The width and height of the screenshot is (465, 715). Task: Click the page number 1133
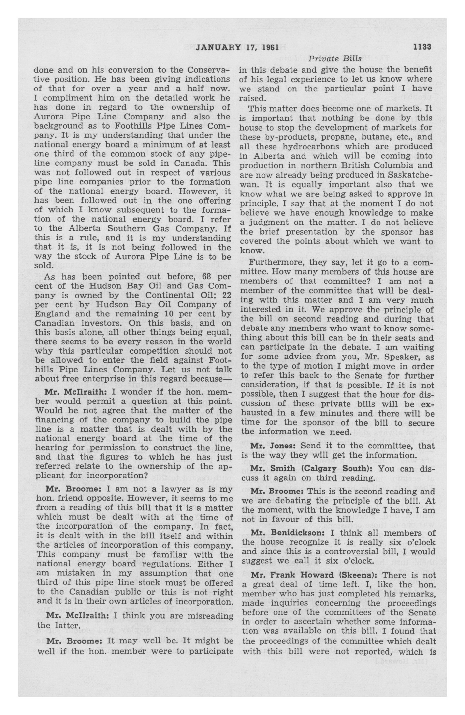422,47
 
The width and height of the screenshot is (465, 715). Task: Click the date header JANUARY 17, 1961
237,47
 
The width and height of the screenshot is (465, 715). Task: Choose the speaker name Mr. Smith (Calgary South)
311,469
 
